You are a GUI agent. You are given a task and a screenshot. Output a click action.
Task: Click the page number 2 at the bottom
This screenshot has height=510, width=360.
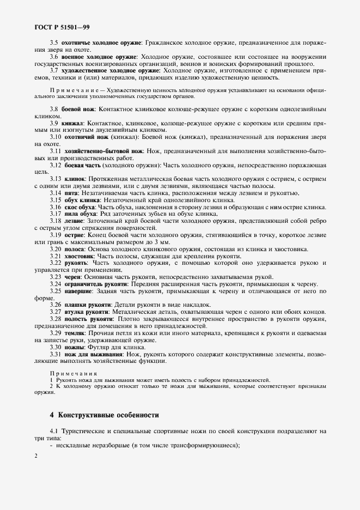click(x=35, y=456)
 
